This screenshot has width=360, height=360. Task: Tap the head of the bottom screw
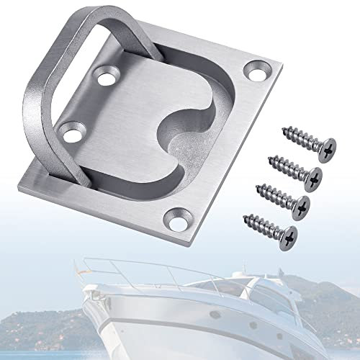pos(288,234)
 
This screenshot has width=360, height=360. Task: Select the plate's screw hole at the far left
pos(70,130)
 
